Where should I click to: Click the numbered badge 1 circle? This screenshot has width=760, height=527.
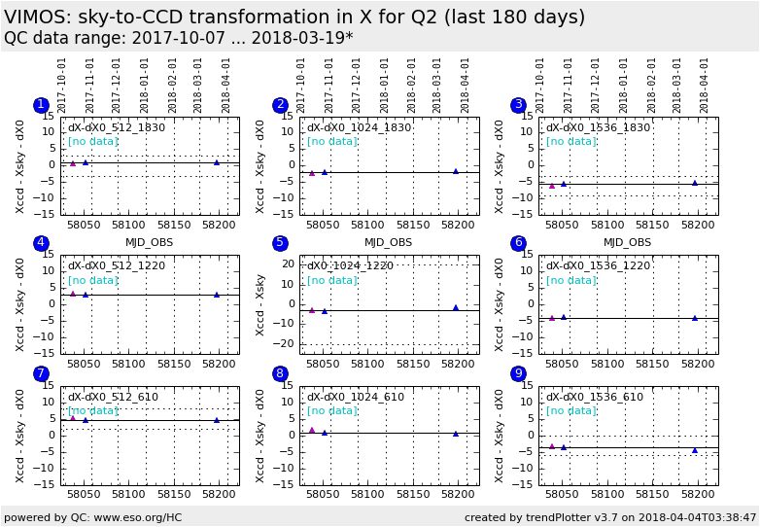pyautogui.click(x=41, y=105)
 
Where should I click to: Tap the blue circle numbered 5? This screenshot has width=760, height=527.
pyautogui.click(x=280, y=243)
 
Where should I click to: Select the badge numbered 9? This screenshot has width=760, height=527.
pyautogui.click(x=518, y=373)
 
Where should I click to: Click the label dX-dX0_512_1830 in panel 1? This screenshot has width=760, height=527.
pyautogui.click(x=117, y=127)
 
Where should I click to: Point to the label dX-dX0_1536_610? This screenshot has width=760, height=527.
pyautogui.click(x=594, y=397)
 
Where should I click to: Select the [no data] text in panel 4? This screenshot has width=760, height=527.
pyautogui.click(x=92, y=280)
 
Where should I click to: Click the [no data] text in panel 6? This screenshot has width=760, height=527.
pyautogui.click(x=570, y=280)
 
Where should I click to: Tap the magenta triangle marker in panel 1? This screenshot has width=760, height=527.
pyautogui.click(x=73, y=163)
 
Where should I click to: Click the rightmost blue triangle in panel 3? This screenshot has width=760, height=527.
pyautogui.click(x=695, y=183)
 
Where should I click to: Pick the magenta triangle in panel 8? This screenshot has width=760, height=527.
pyautogui.click(x=312, y=430)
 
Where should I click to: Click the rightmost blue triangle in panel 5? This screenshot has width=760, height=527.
pyautogui.click(x=456, y=307)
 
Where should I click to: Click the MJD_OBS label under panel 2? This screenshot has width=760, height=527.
pyautogui.click(x=388, y=242)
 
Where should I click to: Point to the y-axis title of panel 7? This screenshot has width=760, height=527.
pyautogui.click(x=20, y=435)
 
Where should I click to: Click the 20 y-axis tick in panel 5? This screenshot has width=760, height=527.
pyautogui.click(x=288, y=263)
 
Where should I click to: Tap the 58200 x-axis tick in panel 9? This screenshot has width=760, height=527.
pyautogui.click(x=697, y=496)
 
